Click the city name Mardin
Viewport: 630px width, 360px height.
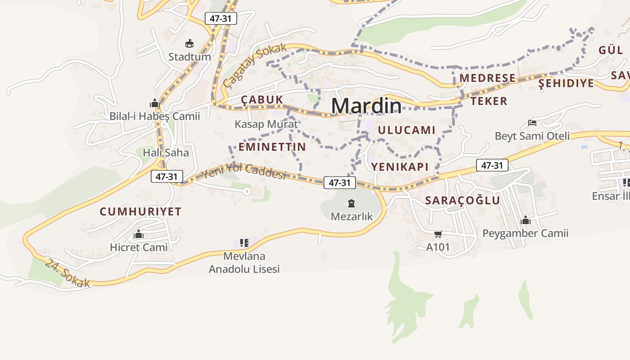click(366, 106)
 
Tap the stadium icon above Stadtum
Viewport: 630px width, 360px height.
click(189, 44)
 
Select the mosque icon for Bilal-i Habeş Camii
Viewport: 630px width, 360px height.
click(155, 103)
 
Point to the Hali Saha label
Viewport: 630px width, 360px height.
click(166, 153)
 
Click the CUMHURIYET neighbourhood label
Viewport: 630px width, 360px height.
click(140, 211)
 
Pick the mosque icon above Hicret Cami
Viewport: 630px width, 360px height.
click(139, 234)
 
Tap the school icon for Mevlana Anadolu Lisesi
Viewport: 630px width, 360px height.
click(244, 243)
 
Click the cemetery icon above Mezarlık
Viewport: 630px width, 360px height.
click(351, 203)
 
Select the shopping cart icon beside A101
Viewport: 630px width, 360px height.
click(438, 234)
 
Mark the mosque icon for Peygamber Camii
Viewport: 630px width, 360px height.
click(525, 220)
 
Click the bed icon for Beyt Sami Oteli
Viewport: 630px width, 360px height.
click(532, 123)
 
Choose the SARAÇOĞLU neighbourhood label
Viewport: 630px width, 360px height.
click(463, 201)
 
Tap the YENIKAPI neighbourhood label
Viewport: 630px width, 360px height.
click(400, 166)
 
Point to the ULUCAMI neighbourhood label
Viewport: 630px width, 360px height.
click(407, 130)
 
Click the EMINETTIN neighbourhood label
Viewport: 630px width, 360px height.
click(272, 147)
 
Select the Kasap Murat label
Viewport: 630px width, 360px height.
click(266, 124)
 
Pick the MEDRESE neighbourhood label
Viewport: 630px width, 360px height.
click(487, 78)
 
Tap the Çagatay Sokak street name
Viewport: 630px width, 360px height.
click(254, 66)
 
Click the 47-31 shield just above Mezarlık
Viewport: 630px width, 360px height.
click(339, 183)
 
